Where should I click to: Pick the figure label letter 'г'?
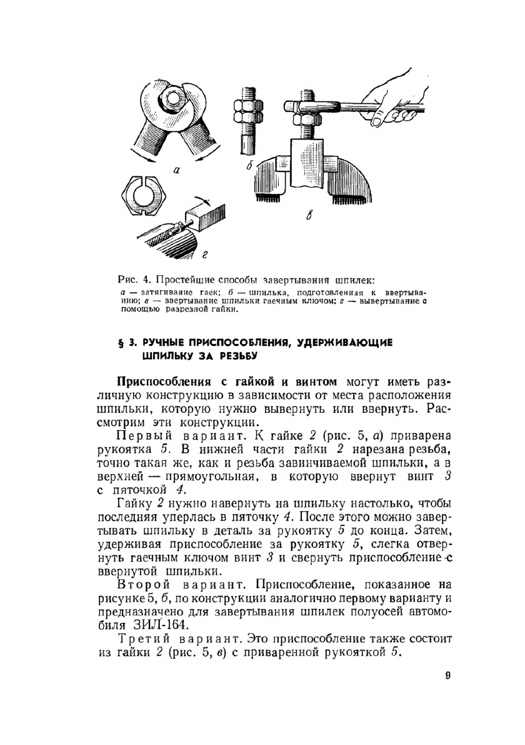click(x=204, y=253)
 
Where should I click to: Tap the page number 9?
click(x=448, y=675)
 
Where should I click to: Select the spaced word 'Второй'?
click(x=146, y=584)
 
